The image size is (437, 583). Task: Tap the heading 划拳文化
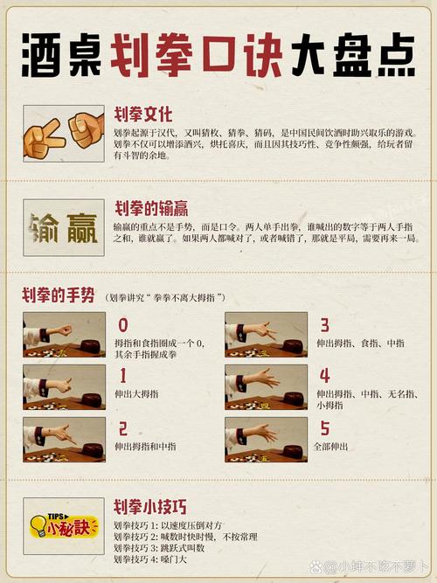click(x=144, y=115)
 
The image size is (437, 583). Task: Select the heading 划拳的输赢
click(x=150, y=209)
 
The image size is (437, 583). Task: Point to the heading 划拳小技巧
click(x=150, y=507)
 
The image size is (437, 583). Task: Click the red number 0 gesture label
click(x=123, y=326)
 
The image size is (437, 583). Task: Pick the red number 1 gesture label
click(x=121, y=376)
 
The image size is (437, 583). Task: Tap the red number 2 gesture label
click(x=122, y=428)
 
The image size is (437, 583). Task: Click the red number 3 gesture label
click(x=324, y=326)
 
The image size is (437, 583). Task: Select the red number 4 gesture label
click(x=324, y=376)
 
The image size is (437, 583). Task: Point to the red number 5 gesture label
click(x=324, y=428)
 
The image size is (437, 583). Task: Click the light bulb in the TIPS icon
click(x=38, y=525)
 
